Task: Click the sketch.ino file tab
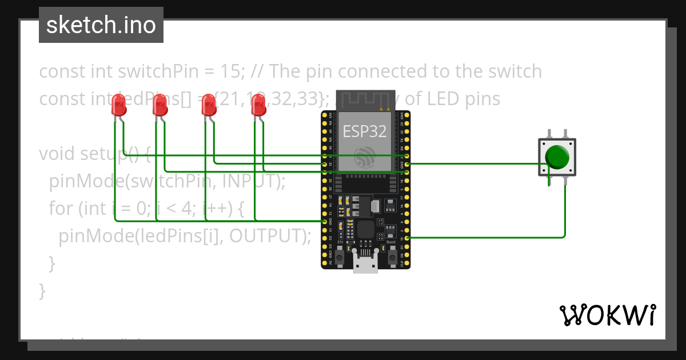coord(101,25)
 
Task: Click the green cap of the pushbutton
coord(557,156)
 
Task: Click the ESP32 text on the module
coord(365,131)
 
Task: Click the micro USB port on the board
coord(365,264)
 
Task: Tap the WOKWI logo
coord(607,315)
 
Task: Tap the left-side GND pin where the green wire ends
coord(324,221)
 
